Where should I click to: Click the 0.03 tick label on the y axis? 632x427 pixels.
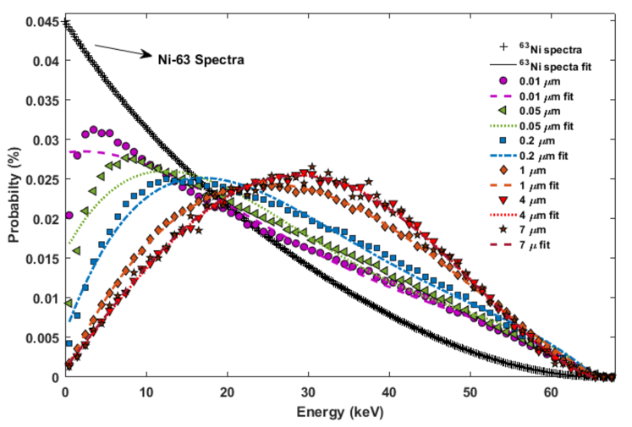pos(45,140)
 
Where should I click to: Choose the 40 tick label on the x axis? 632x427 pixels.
pos(388,393)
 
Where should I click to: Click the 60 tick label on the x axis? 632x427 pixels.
pos(550,393)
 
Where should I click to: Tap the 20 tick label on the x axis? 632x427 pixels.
pos(227,393)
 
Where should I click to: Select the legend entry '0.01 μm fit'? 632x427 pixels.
pos(559,96)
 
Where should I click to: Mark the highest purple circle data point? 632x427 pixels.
pos(93,129)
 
